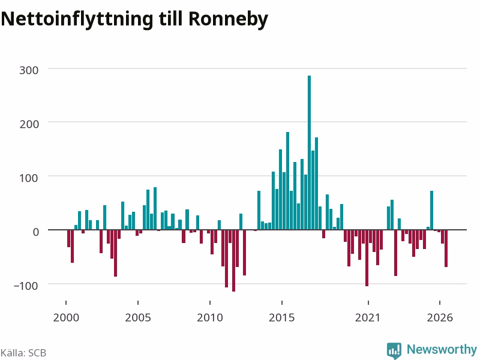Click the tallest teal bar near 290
pos(309,152)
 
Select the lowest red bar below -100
pos(233,260)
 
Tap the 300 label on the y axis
pos(29,70)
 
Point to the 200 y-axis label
pos(29,124)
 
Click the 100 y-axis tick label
pos(29,178)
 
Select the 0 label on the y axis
pos(36,232)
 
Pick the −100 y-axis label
pos(26,286)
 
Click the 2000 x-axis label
pos(66,317)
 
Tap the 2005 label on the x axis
pos(138,317)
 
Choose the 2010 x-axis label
pos(210,317)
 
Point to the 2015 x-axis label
pos(282,317)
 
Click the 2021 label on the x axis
pos(368,317)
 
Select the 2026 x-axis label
pos(440,317)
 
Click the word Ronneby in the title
pos(229,19)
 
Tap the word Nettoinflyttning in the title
pos(77,19)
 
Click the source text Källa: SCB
pos(23,353)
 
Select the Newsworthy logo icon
pos(394,350)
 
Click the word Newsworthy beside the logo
pos(442,349)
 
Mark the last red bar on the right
pos(446,248)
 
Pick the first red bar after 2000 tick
pos(68,238)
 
